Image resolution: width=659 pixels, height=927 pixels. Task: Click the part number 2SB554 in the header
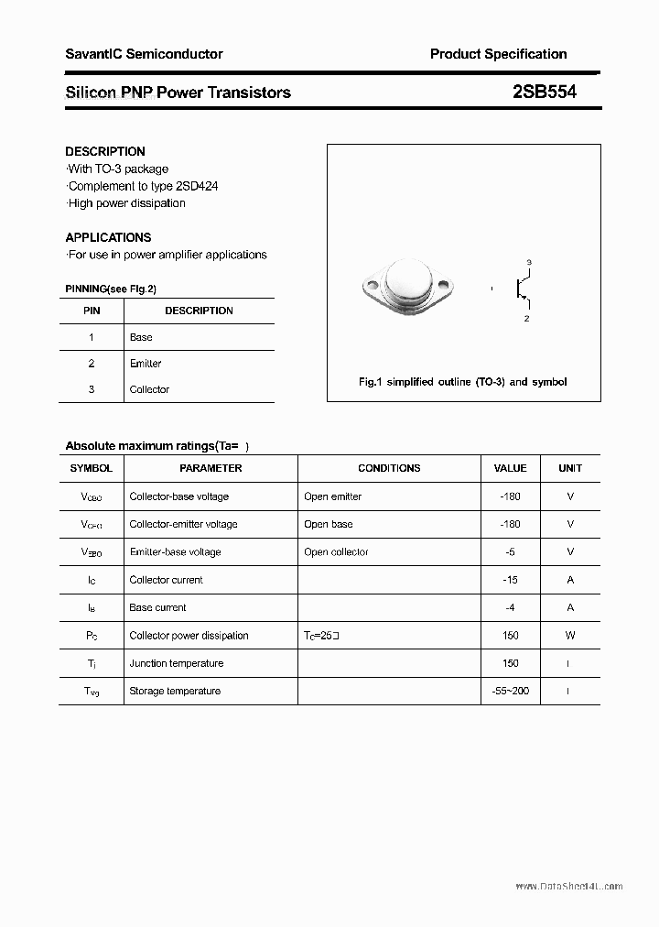544,92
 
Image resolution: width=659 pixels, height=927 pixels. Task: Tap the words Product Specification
498,54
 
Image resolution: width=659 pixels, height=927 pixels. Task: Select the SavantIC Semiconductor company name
144,54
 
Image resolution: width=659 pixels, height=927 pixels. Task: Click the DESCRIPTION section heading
105,151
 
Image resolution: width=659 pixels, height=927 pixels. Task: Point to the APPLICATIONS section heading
108,237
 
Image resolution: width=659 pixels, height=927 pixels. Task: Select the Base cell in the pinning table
141,337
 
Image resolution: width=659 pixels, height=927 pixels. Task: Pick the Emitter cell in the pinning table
146,364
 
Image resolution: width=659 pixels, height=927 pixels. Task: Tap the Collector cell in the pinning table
149,389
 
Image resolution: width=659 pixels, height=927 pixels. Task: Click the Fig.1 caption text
462,382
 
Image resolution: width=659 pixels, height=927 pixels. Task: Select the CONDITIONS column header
389,468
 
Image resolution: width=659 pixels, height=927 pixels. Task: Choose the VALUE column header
510,468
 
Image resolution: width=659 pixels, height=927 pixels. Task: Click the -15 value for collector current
510,580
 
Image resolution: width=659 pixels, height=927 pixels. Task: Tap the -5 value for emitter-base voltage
510,552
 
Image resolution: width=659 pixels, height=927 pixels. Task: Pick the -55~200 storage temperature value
510,691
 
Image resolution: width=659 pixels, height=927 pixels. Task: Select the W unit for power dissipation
570,635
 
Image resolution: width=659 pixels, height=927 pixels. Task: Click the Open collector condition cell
336,552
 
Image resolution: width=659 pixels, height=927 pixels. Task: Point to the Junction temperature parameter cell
177,663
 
